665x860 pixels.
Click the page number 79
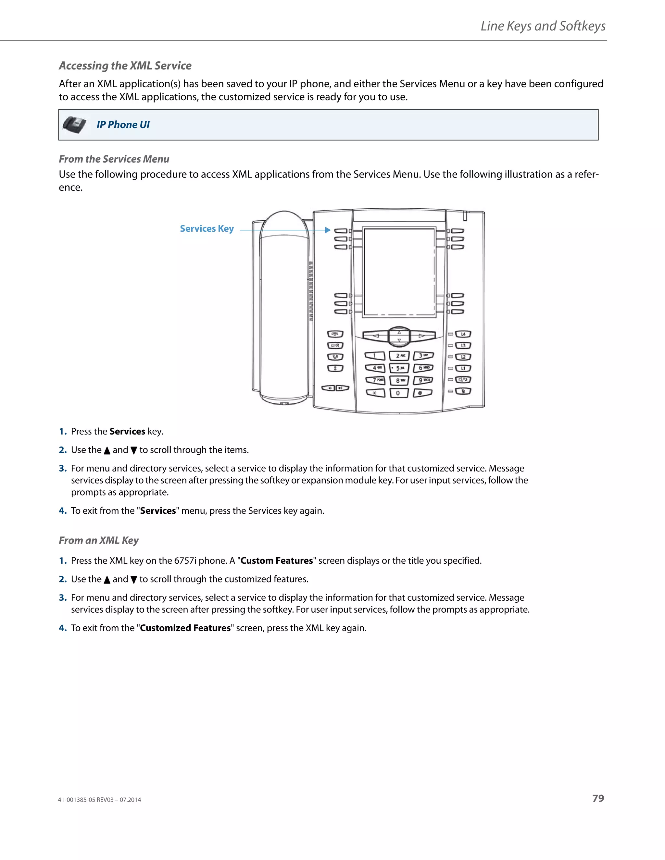(x=598, y=798)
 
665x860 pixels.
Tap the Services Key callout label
(x=207, y=229)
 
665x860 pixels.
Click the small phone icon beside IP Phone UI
(x=74, y=125)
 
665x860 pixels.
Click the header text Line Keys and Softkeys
(x=543, y=26)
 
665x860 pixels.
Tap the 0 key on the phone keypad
(x=398, y=393)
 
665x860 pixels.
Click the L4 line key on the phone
(x=463, y=334)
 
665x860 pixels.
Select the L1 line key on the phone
(x=463, y=368)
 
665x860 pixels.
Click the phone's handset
(x=284, y=307)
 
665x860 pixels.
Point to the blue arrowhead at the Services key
(x=327, y=230)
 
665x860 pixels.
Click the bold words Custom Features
(x=277, y=560)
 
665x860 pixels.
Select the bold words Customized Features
(x=185, y=628)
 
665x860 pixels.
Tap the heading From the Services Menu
(x=114, y=159)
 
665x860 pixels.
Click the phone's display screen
(x=399, y=272)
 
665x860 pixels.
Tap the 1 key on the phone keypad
(x=375, y=356)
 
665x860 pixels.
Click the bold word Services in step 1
(x=127, y=431)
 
